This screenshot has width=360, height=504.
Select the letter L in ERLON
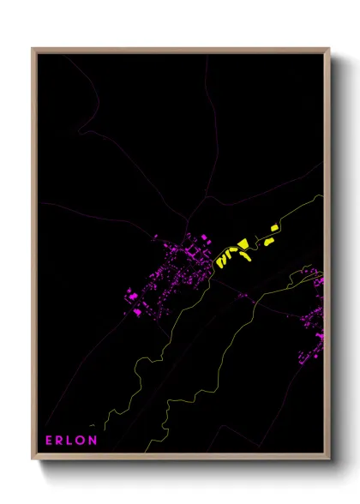pos(71,441)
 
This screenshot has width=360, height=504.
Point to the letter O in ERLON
pos(81,441)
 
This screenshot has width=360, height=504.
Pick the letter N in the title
pos(93,441)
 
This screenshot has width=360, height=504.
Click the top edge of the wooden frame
pos(180,50)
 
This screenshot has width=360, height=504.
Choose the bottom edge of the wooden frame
pos(180,459)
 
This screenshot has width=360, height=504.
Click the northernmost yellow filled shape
pos(274,228)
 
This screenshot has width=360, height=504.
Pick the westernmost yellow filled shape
pos(219,259)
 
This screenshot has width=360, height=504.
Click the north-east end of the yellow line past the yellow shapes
pos(323,195)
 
